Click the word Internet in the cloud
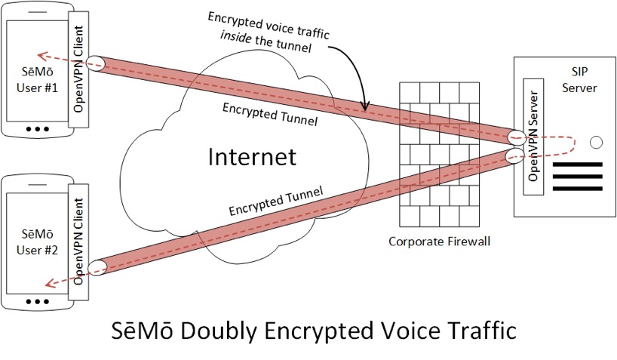click(x=252, y=157)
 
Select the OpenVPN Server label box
click(x=534, y=136)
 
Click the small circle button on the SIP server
click(x=596, y=141)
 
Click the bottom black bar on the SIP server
click(x=579, y=188)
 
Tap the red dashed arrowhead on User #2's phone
click(x=47, y=285)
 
